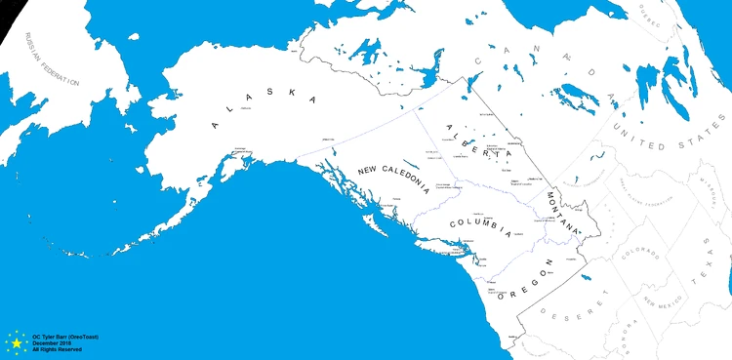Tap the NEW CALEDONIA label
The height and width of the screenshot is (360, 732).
393,178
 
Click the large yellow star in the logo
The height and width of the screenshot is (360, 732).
17,343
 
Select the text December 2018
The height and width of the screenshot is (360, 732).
51,342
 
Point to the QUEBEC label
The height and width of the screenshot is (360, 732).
651,19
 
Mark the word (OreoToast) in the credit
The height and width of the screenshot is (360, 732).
84,337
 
